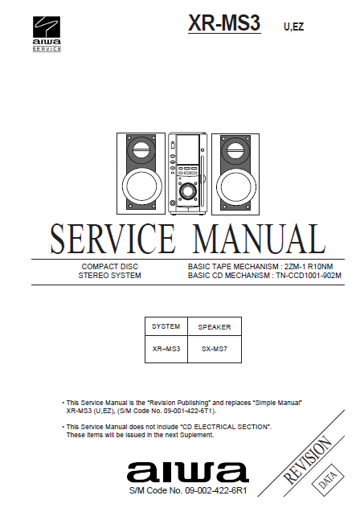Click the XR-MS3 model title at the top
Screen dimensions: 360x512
pyautogui.click(x=224, y=23)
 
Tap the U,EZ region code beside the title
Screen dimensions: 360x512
pyautogui.click(x=294, y=27)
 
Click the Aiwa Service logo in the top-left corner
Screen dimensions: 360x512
pyautogui.click(x=47, y=34)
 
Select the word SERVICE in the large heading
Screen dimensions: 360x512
pyautogui.click(x=113, y=239)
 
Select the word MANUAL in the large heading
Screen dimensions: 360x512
pyautogui.click(x=260, y=239)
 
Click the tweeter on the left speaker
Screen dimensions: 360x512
pyautogui.click(x=141, y=150)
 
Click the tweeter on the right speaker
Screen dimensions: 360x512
pyautogui.click(x=235, y=150)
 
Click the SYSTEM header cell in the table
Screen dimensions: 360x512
pyautogui.click(x=166, y=326)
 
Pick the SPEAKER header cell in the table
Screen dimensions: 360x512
pyautogui.click(x=215, y=326)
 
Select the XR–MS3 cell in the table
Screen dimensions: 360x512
pyautogui.click(x=166, y=349)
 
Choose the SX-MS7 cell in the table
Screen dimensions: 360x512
pyautogui.click(x=215, y=349)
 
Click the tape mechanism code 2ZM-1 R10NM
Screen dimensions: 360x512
pyautogui.click(x=309, y=267)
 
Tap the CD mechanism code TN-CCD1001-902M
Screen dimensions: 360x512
pyautogui.click(x=309, y=275)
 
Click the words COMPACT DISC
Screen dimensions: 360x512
pyautogui.click(x=109, y=267)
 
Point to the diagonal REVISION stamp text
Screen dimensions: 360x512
pyautogui.click(x=308, y=461)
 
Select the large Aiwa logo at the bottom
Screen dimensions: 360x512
pyautogui.click(x=188, y=472)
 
